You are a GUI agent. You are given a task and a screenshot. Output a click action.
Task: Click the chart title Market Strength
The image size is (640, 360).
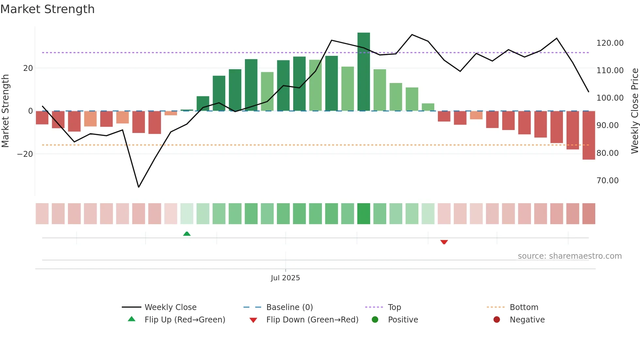pyautogui.click(x=47, y=9)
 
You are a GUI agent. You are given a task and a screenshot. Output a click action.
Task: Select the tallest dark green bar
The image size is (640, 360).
pyautogui.click(x=363, y=72)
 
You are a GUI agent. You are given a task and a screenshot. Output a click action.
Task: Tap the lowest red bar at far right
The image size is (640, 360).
pyautogui.click(x=588, y=135)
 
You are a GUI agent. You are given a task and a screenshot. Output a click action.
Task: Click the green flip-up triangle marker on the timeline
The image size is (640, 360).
pyautogui.click(x=187, y=234)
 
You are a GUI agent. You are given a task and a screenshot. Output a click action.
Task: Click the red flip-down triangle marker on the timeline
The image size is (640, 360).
pyautogui.click(x=444, y=242)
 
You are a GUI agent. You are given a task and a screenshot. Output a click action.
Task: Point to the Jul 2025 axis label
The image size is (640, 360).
pyautogui.click(x=285, y=278)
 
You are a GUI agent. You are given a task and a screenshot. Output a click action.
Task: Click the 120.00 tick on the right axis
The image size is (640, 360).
pyautogui.click(x=610, y=43)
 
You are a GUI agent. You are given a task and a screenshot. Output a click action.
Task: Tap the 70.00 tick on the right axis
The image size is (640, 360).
pyautogui.click(x=607, y=181)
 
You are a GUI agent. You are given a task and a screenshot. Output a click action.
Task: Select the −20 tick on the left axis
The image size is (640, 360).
pyautogui.click(x=25, y=154)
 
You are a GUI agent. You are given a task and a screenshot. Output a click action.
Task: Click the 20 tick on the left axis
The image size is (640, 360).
pyautogui.click(x=28, y=68)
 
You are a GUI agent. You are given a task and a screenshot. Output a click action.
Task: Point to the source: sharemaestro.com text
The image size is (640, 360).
pyautogui.click(x=569, y=256)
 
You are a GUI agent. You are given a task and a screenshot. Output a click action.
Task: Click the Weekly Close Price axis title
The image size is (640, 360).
pyautogui.click(x=634, y=111)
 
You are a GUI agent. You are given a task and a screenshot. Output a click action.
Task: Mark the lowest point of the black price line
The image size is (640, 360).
pyautogui.click(x=138, y=187)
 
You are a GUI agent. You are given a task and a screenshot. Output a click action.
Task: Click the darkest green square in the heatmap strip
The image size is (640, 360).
pyautogui.click(x=363, y=214)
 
